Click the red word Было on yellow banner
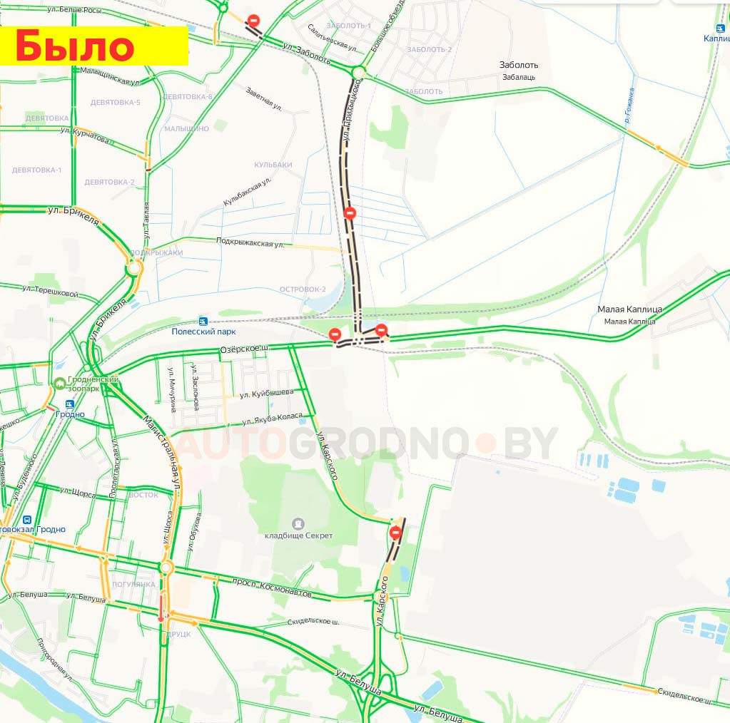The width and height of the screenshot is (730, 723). pyautogui.click(x=74, y=46)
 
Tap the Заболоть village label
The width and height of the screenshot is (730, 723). pyautogui.click(x=519, y=65)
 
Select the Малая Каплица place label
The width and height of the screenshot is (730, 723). pyautogui.click(x=629, y=309)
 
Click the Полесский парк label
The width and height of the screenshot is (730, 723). pyautogui.click(x=203, y=332)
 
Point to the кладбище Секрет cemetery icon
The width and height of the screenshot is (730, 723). pyautogui.click(x=298, y=523)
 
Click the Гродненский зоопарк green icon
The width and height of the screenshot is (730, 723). pyautogui.click(x=59, y=384)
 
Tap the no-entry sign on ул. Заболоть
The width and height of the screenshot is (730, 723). pyautogui.click(x=253, y=21)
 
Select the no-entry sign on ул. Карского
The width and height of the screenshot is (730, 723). pyautogui.click(x=395, y=532)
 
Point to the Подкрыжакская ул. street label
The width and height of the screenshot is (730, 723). pyautogui.click(x=250, y=243)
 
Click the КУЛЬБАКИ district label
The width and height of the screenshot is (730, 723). pyautogui.click(x=273, y=165)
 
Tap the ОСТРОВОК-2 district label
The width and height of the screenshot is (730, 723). pyautogui.click(x=303, y=289)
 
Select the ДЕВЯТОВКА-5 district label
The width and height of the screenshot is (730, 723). pyautogui.click(x=115, y=102)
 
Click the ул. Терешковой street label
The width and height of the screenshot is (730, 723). pyautogui.click(x=50, y=291)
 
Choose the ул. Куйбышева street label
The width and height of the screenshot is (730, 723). pyautogui.click(x=266, y=394)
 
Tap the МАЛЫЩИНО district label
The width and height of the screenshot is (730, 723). pyautogui.click(x=186, y=128)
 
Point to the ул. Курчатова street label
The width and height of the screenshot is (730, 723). pyautogui.click(x=85, y=135)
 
